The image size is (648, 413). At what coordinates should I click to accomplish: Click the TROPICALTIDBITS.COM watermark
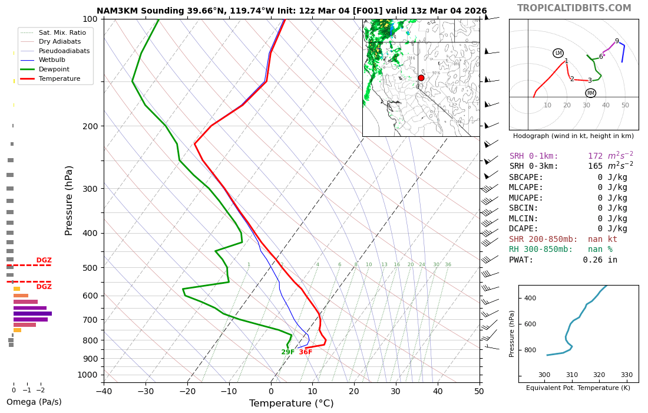coord(574,8)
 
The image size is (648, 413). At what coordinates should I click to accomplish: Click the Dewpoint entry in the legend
coord(54,69)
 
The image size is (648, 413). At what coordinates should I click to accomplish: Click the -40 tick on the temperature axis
coord(104,391)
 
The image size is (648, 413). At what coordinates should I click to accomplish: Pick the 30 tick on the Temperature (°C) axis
coord(396,391)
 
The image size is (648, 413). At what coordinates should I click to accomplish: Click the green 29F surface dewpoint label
coord(288,352)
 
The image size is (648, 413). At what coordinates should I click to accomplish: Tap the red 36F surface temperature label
coord(306,352)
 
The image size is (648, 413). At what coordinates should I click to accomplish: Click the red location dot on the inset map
coord(421,78)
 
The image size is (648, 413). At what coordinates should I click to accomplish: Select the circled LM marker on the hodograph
coord(558,53)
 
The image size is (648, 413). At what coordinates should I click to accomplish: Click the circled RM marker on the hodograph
coord(590,93)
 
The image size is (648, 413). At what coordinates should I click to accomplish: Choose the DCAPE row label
coord(524,229)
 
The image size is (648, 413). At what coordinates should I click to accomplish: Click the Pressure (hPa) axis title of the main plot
coord(70,200)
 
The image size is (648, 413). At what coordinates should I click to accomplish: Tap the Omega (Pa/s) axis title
coord(34,402)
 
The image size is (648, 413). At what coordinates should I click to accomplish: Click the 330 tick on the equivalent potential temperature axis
coord(626,375)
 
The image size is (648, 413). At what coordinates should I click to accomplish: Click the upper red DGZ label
coord(44,260)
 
